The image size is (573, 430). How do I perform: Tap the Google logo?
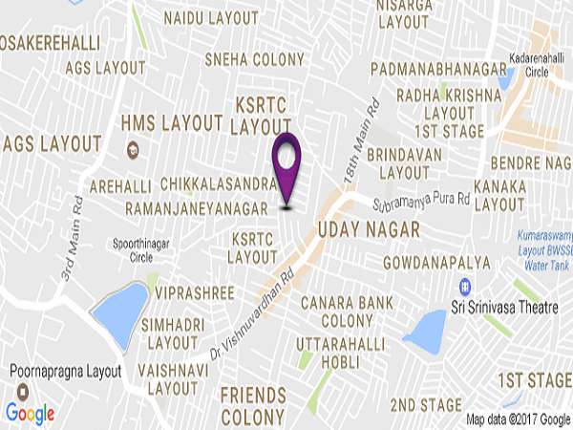[x=30, y=413]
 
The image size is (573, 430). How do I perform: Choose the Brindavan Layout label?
[x=404, y=162]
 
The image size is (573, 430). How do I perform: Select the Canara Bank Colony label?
[x=341, y=312]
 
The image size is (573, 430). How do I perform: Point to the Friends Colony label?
[x=253, y=405]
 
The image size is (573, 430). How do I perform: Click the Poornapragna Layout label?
[x=64, y=371]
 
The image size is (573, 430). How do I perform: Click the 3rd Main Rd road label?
[x=68, y=250]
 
